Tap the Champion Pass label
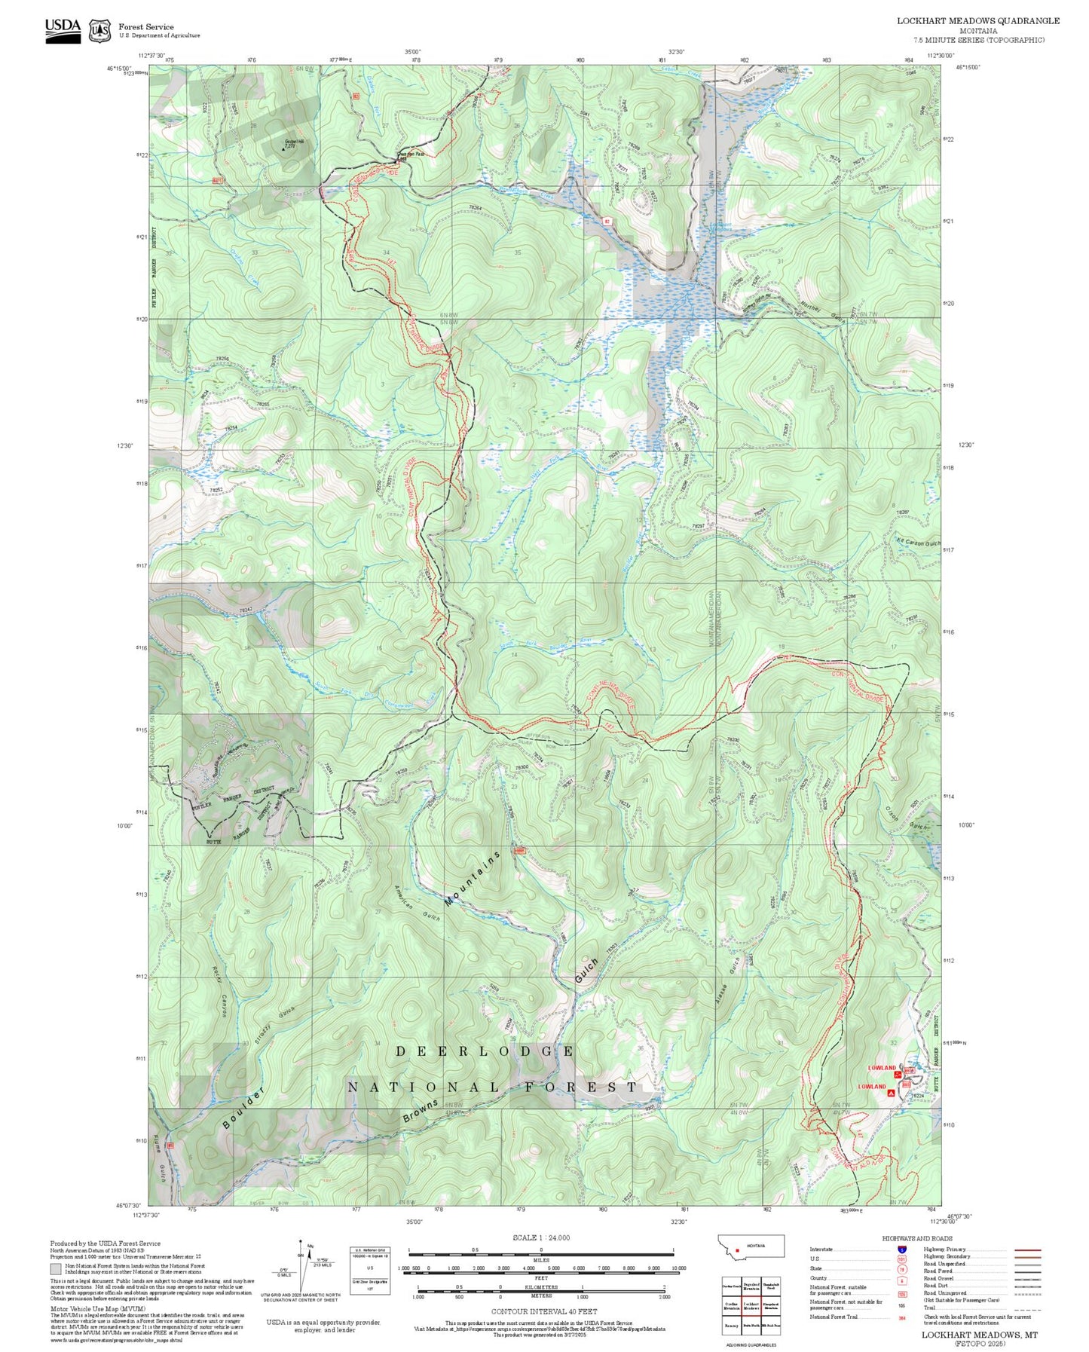(x=411, y=154)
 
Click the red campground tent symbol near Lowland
(x=892, y=1093)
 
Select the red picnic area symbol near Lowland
(x=898, y=1074)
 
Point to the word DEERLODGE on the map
(x=485, y=1051)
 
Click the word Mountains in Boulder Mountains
(x=473, y=879)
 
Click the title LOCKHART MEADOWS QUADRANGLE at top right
(x=977, y=20)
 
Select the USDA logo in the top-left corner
(x=63, y=30)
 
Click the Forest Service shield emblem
(x=99, y=31)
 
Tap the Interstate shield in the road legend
(x=901, y=1249)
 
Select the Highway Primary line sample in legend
(x=1028, y=1250)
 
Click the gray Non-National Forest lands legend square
(x=56, y=1269)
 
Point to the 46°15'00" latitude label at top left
(x=119, y=68)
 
